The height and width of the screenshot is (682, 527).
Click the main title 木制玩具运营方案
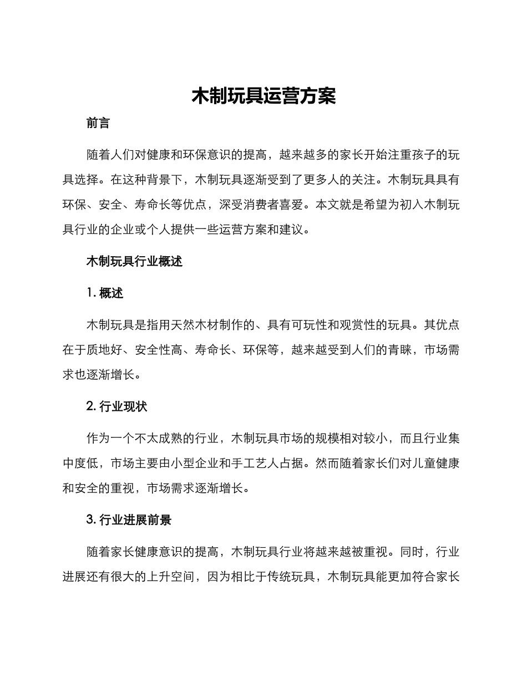[x=263, y=96]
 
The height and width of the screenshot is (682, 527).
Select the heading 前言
[x=98, y=123]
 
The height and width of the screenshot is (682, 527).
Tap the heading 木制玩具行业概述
[x=134, y=262]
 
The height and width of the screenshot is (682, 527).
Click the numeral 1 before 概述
[x=89, y=293]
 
